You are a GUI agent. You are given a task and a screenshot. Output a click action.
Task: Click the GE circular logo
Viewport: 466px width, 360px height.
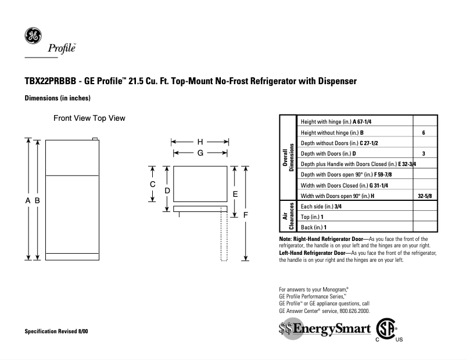(x=33, y=36)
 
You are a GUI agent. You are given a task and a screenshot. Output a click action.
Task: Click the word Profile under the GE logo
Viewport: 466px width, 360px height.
(x=66, y=49)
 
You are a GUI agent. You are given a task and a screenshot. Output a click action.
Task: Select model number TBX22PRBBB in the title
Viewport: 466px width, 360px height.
(x=51, y=81)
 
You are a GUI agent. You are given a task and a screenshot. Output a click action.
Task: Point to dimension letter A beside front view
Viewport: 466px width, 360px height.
(x=27, y=200)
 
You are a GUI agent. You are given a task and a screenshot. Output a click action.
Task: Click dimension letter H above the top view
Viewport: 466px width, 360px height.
(x=199, y=142)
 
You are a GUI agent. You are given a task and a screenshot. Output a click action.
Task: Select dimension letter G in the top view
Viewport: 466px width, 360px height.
(x=199, y=153)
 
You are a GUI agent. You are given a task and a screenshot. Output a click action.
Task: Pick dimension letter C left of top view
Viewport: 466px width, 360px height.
(x=152, y=184)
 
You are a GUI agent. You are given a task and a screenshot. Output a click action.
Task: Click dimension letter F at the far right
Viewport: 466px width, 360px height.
(x=246, y=214)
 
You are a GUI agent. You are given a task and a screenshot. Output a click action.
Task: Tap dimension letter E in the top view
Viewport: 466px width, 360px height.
(x=235, y=193)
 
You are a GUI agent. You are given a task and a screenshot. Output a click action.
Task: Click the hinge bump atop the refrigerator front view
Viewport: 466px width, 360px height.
(x=95, y=139)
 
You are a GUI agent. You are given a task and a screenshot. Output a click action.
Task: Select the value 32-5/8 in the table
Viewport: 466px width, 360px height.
(x=425, y=196)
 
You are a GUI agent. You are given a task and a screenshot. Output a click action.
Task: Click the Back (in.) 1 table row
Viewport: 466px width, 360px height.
(x=314, y=227)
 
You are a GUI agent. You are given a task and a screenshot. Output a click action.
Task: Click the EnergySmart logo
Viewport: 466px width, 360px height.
(x=324, y=329)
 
